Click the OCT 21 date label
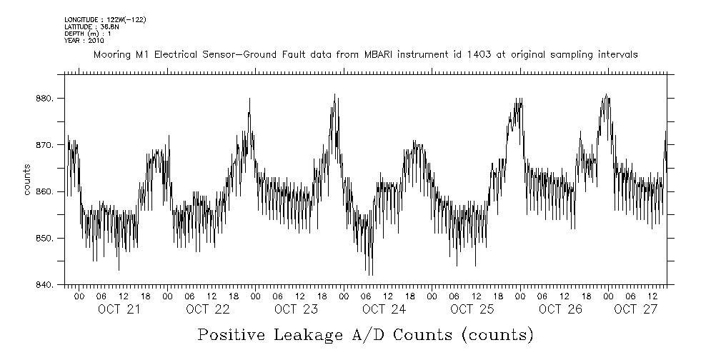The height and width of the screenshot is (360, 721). (x=119, y=309)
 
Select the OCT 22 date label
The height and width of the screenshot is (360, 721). (x=207, y=309)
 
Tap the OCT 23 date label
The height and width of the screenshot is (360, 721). (x=296, y=309)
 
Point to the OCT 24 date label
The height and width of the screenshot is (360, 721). (x=384, y=309)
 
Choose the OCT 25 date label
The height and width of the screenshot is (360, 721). (x=472, y=309)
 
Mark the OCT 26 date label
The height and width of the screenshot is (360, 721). (x=561, y=309)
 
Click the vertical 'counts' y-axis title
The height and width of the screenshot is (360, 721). (x=27, y=179)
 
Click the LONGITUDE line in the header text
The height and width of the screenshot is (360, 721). (x=105, y=19)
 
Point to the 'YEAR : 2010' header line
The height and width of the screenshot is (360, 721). (x=84, y=41)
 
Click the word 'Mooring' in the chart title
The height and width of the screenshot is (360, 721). (x=111, y=54)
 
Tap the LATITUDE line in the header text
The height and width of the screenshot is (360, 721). (x=91, y=26)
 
